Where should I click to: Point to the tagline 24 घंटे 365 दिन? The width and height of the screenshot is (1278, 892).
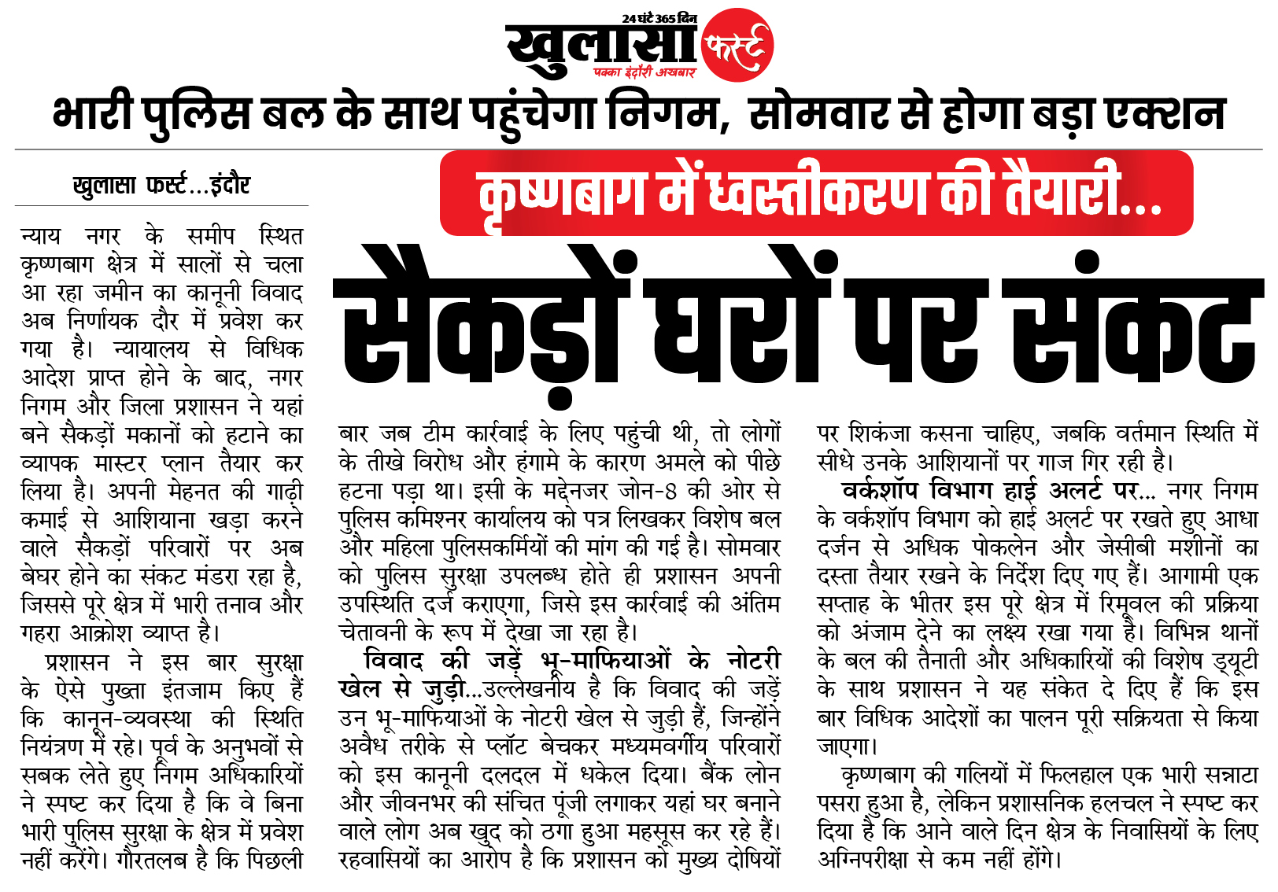659,17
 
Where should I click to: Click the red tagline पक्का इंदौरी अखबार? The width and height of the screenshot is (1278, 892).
645,72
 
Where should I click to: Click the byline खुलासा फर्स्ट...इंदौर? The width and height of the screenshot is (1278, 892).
161,186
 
